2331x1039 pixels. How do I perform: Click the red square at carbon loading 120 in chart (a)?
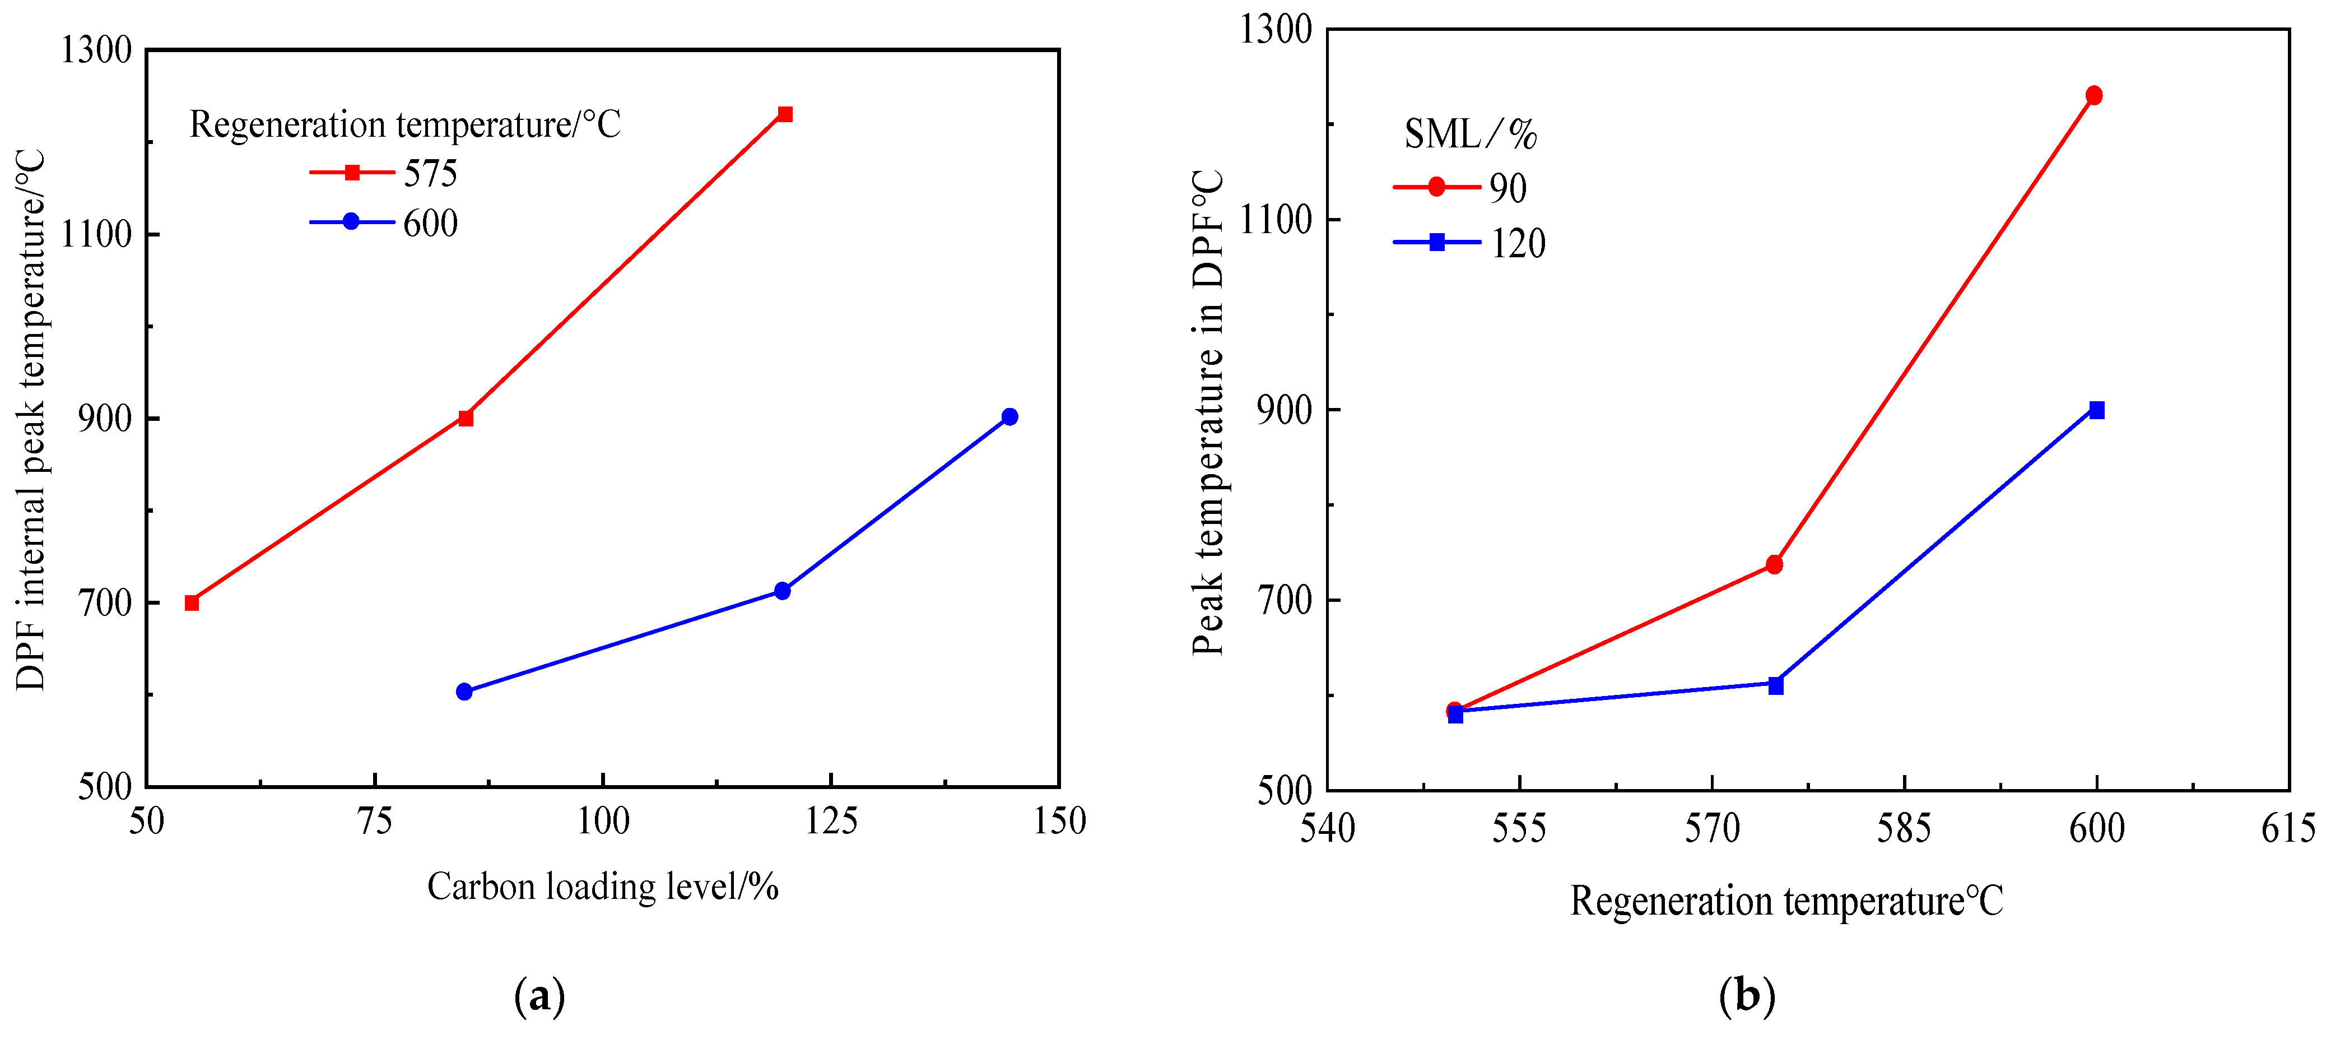pyautogui.click(x=784, y=114)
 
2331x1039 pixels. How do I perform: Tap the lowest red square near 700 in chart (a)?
pyautogui.click(x=192, y=603)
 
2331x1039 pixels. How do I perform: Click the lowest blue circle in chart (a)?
pyautogui.click(x=464, y=692)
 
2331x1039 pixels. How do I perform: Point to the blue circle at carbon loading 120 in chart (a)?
pyautogui.click(x=783, y=591)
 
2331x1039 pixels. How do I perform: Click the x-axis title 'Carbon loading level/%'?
pyautogui.click(x=603, y=887)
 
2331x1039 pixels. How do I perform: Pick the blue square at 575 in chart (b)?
pyautogui.click(x=1775, y=686)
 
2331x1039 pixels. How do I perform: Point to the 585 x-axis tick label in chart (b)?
pyautogui.click(x=1904, y=828)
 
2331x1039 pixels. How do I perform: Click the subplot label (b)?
pyautogui.click(x=1747, y=996)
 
